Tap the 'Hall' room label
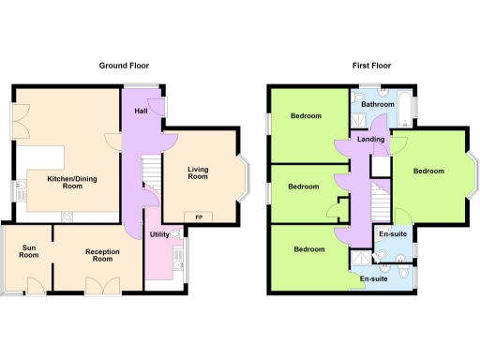pos(142,112)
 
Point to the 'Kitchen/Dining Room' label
pos(67,182)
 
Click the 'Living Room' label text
pos(198,173)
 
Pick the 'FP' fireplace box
pos(198,217)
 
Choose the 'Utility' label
pos(157,234)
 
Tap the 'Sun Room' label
pos(30,251)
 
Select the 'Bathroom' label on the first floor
pos(378,104)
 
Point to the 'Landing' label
pos(368,140)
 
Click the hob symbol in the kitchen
pos(67,217)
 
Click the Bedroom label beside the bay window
pos(427,171)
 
